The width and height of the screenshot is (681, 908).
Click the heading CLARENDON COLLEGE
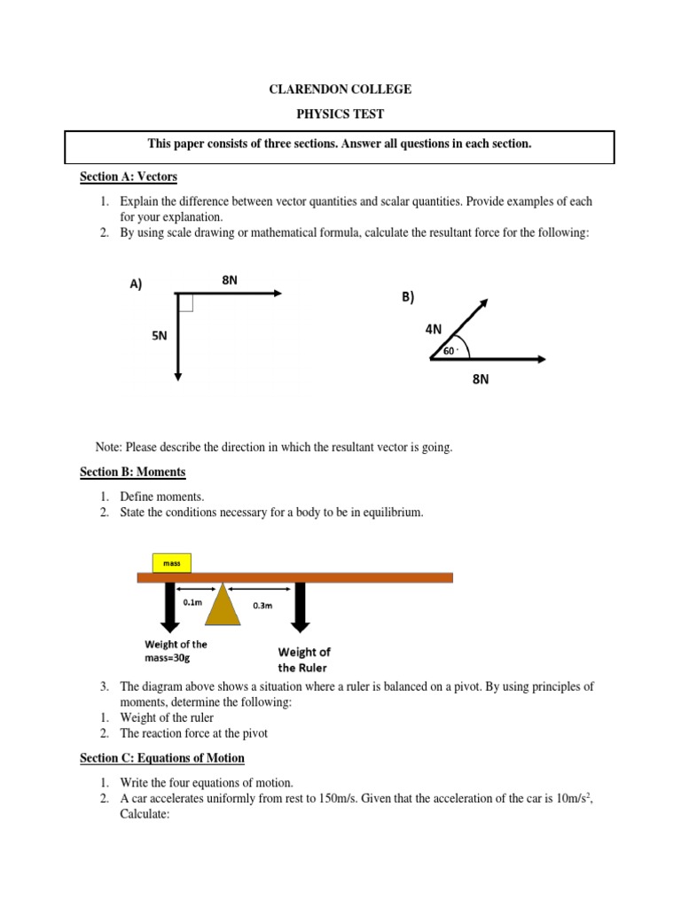click(x=340, y=90)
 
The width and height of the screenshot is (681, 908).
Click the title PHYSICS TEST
click(x=340, y=115)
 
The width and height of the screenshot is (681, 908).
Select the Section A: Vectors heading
click(x=129, y=177)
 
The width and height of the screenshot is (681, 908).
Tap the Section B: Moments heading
click(x=133, y=473)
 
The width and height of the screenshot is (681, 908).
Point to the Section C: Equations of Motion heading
click(x=162, y=758)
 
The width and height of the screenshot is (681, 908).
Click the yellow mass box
click(x=170, y=562)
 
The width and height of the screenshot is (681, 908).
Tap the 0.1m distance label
click(x=192, y=601)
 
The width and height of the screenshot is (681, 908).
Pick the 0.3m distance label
click(x=262, y=606)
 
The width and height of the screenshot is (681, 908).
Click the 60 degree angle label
click(x=450, y=351)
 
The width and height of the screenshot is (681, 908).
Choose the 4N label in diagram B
click(x=434, y=329)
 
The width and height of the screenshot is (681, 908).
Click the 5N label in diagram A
click(x=160, y=336)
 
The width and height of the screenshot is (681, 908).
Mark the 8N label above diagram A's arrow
click(x=230, y=280)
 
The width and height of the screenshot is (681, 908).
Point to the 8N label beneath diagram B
click(x=481, y=380)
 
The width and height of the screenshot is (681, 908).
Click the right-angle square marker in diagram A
click(x=185, y=303)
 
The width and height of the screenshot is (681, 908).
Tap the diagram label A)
click(x=136, y=284)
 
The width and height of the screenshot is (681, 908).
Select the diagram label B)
click(x=408, y=298)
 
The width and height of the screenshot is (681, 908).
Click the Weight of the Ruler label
click(x=304, y=660)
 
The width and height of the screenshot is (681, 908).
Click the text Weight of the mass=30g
click(x=176, y=652)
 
